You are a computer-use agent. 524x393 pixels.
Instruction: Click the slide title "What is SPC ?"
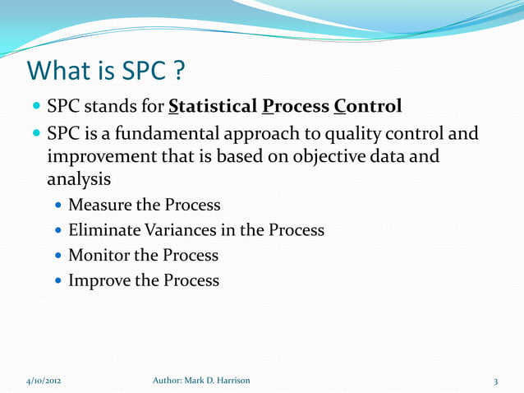coord(105,72)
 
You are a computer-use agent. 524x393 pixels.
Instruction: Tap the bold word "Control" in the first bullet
coord(368,107)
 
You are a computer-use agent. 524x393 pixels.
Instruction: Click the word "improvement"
coord(100,155)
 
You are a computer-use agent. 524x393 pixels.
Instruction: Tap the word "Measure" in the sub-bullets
coord(100,205)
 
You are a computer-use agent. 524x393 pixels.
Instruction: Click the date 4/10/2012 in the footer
coord(41,381)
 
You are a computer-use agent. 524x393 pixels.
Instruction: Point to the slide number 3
coord(496,381)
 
